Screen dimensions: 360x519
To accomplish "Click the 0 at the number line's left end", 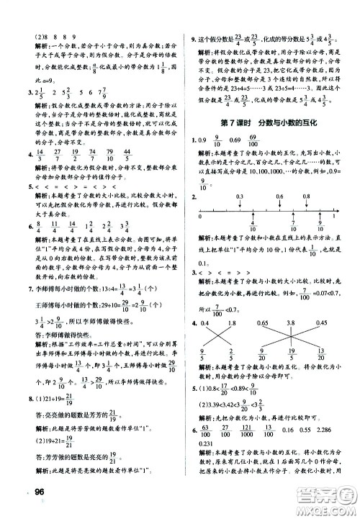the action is pos(201,224).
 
